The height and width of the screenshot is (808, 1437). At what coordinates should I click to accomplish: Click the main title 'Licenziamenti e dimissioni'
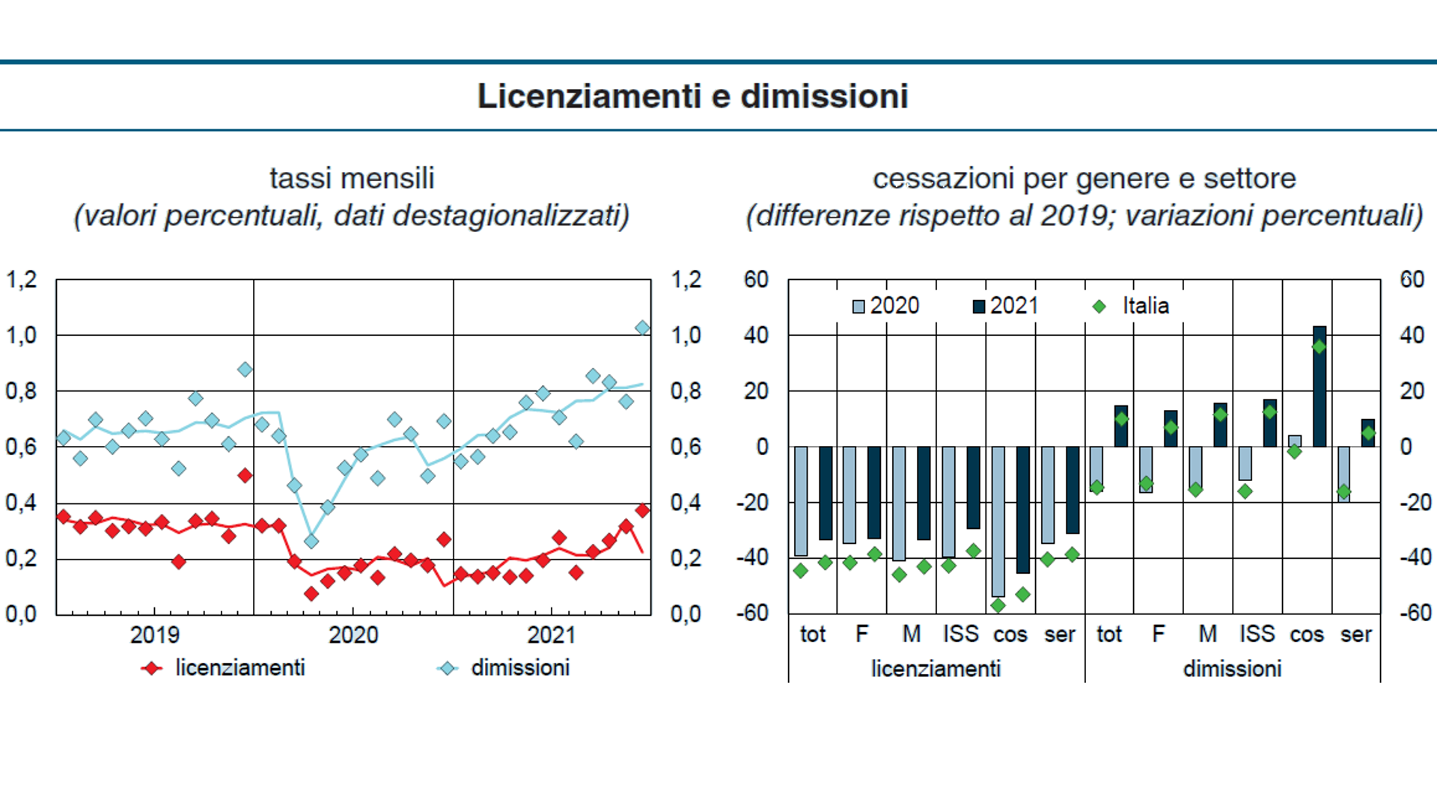coord(692,97)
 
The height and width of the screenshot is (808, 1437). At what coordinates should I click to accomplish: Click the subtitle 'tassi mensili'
coord(352,179)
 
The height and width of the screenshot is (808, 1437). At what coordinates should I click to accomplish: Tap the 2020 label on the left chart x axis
coord(353,635)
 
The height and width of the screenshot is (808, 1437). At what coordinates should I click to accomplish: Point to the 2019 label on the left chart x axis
coord(155,635)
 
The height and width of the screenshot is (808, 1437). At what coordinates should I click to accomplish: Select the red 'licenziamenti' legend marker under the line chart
coord(152,668)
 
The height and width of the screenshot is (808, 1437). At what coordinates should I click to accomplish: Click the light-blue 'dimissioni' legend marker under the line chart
coord(448,668)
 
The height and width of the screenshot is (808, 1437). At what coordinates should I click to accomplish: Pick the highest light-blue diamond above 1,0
coord(642,328)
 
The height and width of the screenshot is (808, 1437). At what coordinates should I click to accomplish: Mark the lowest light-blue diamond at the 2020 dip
coord(311,541)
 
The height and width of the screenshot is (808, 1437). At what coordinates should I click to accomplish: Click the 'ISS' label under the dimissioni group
coord(1257,634)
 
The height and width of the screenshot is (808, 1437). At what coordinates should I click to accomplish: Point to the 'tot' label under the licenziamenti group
coord(812,634)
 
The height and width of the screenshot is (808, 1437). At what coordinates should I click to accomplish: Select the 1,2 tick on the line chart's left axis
coord(22,280)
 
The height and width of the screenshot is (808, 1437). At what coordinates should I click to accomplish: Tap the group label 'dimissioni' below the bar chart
coord(1232,669)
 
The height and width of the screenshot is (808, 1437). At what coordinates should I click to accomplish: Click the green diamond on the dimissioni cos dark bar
coord(1319,346)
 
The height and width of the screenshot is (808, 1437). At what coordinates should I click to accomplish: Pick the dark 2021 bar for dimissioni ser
coord(1368,433)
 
